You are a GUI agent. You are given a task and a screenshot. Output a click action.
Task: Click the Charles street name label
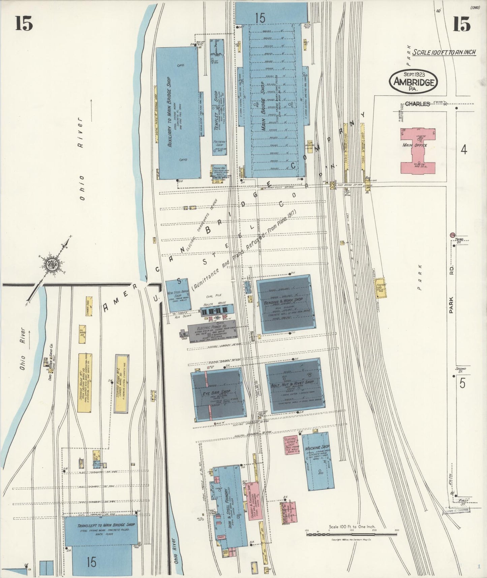tap(417, 104)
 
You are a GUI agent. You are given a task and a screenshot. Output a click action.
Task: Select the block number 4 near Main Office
tap(464, 149)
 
